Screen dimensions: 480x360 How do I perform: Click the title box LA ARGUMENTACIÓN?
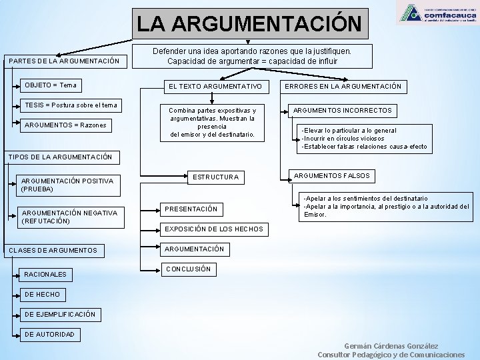click(x=249, y=24)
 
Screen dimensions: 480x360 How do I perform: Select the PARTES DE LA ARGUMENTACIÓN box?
click(x=65, y=61)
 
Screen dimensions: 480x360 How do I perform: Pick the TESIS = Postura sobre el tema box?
click(x=71, y=105)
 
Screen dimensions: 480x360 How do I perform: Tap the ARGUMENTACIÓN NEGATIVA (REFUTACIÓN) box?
click(x=69, y=217)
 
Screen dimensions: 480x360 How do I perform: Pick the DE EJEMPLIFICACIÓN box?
click(x=60, y=314)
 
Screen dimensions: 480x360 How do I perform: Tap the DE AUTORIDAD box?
click(x=49, y=334)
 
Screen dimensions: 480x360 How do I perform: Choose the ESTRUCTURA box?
click(x=215, y=177)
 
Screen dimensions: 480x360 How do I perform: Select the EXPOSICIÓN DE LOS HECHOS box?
click(x=214, y=229)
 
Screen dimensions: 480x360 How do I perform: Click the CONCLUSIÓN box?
click(x=188, y=269)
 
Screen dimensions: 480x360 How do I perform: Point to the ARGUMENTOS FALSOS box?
click(x=331, y=176)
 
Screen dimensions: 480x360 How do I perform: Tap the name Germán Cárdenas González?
click(x=391, y=346)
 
